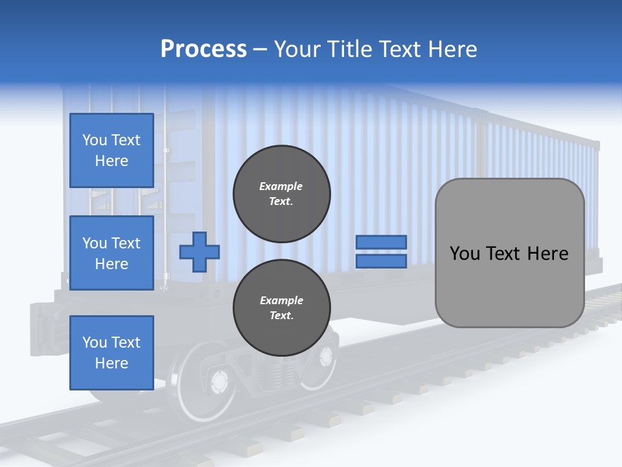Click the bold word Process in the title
(x=203, y=49)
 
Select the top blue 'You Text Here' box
(x=111, y=150)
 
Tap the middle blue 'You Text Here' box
(x=111, y=253)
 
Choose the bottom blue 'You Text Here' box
(x=111, y=353)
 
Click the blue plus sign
(x=200, y=252)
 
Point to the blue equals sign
(x=381, y=252)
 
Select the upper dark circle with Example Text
(x=282, y=194)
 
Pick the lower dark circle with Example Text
(x=282, y=308)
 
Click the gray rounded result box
(x=509, y=253)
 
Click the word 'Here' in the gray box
(x=548, y=254)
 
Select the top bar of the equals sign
(x=381, y=243)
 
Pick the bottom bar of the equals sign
(x=381, y=261)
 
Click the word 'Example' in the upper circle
(x=281, y=186)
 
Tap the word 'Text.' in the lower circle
(x=281, y=316)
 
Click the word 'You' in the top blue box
(x=94, y=140)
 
